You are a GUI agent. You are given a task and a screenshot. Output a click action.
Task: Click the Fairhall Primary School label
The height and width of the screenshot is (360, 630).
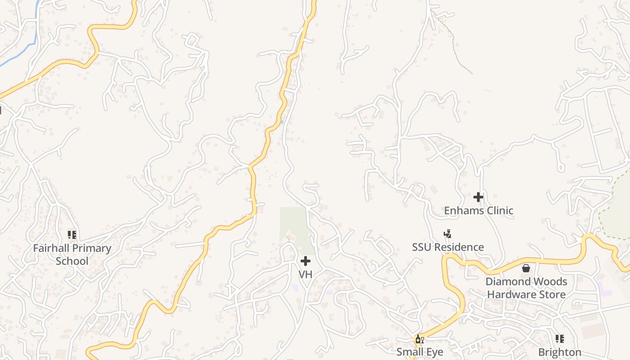[x=72, y=254]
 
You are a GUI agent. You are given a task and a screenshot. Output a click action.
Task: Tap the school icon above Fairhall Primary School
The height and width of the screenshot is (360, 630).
[x=72, y=235]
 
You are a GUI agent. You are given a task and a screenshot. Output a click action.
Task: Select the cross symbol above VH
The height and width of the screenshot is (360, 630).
[x=306, y=261]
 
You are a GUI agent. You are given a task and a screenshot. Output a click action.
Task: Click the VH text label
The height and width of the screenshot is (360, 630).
[x=306, y=274]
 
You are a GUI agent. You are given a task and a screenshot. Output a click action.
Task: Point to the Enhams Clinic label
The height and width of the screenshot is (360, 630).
[x=478, y=211]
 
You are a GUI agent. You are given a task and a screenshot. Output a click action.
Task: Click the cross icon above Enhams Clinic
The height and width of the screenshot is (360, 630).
[x=478, y=197]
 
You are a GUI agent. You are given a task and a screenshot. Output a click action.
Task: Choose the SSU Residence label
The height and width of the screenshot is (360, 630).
[x=448, y=247]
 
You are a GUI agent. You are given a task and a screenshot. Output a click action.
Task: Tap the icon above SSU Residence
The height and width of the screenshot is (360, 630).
[x=447, y=234]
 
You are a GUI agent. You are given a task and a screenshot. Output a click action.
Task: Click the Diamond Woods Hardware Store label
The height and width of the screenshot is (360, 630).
[x=526, y=288]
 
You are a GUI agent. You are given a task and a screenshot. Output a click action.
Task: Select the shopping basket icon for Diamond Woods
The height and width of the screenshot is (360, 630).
[x=526, y=269]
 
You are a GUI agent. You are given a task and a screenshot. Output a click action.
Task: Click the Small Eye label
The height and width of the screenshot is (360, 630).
[x=420, y=352]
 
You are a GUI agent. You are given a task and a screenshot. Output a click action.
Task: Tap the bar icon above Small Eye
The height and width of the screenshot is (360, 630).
[x=419, y=339]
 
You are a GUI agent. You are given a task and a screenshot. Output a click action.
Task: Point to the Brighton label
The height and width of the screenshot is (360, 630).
[x=560, y=352]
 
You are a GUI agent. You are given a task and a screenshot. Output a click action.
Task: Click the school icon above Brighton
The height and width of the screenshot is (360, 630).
[x=559, y=338]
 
